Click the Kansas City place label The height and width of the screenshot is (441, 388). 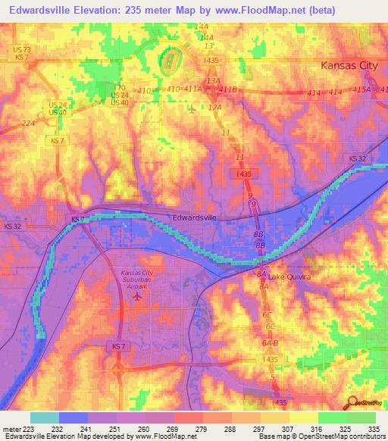[x=349, y=65]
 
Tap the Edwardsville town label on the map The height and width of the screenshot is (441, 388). [x=195, y=217]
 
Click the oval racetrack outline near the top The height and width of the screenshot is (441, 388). [x=169, y=60]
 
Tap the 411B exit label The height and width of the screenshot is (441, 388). [x=227, y=89]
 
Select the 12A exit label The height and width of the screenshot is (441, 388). [x=215, y=108]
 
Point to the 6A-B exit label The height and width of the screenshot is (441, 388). [x=269, y=342]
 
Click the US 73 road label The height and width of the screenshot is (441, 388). [x=21, y=48]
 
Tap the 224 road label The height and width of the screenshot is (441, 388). [x=28, y=123]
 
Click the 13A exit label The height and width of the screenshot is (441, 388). [x=213, y=80]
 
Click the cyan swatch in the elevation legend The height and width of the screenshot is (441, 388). [x=45, y=418]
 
